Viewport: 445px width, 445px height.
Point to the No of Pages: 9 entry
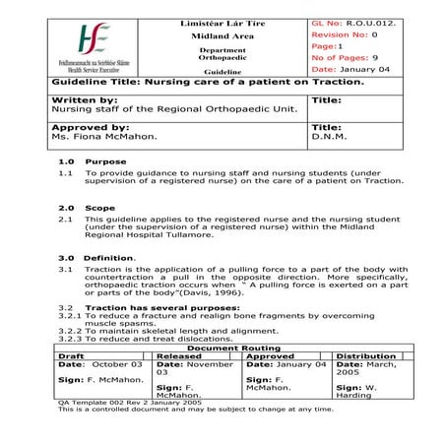point(344,58)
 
